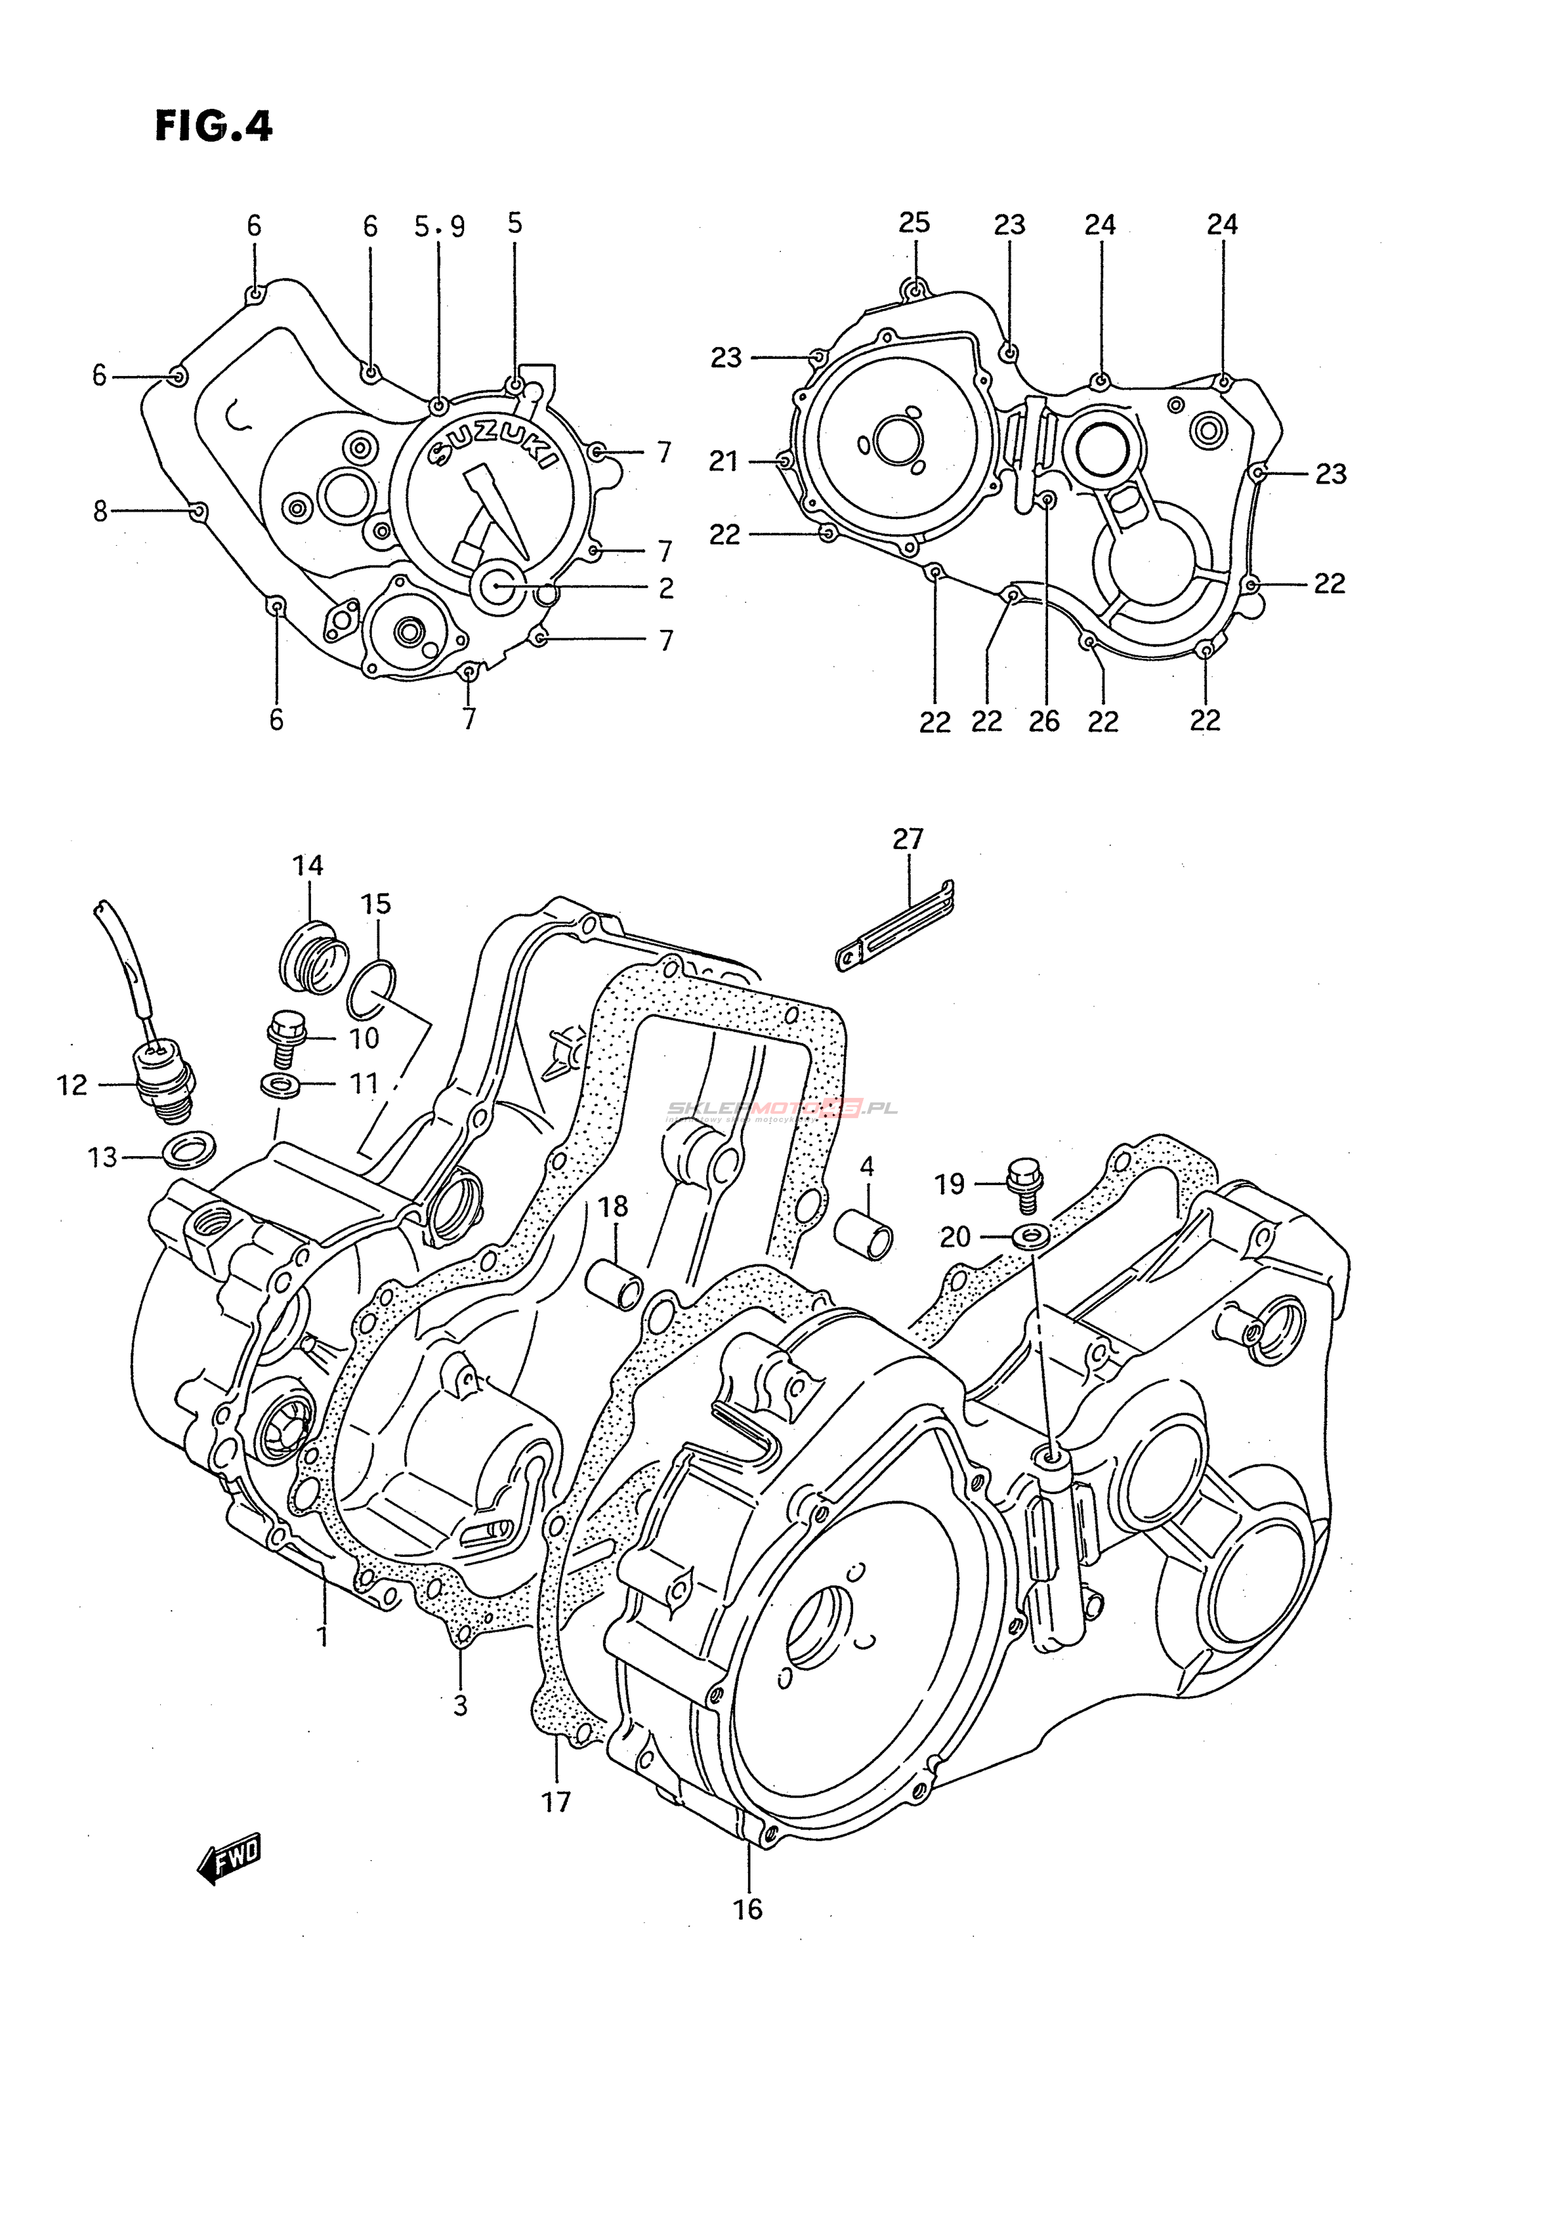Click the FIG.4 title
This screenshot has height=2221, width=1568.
pyautogui.click(x=214, y=127)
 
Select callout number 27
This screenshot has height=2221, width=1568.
pyautogui.click(x=908, y=839)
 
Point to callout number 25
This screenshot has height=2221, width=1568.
pyautogui.click(x=914, y=223)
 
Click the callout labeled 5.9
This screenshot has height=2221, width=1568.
pyautogui.click(x=440, y=227)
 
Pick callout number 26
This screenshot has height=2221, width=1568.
pyautogui.click(x=1045, y=720)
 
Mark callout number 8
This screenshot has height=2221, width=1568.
pyautogui.click(x=101, y=511)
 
